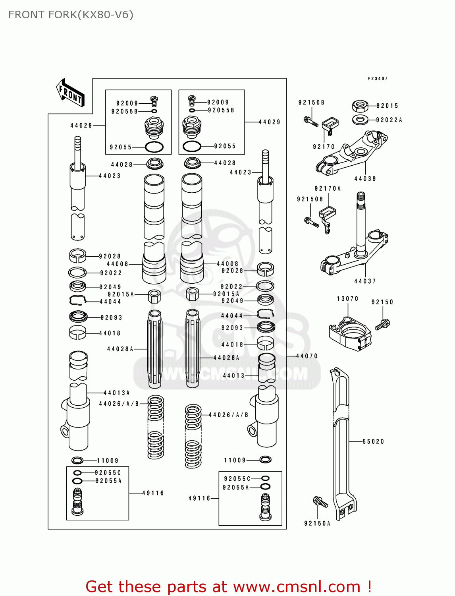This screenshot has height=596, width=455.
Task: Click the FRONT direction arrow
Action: coord(71,93)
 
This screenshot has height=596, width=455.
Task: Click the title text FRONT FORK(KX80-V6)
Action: coord(71,15)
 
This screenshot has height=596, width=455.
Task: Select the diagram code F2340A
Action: coord(377,79)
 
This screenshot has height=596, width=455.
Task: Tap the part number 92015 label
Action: coord(387,106)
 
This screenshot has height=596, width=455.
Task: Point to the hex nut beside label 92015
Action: coord(360,106)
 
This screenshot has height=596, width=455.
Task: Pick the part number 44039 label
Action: coord(365,179)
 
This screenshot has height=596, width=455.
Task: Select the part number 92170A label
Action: coord(328,188)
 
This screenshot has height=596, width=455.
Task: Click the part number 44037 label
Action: coord(365,281)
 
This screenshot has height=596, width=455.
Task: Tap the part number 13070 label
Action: coord(347,298)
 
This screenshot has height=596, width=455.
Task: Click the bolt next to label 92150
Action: coord(383,324)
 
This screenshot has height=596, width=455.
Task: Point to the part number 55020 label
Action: coord(373,441)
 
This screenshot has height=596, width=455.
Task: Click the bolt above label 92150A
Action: coord(320,502)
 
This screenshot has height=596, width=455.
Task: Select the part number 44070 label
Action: coord(307,356)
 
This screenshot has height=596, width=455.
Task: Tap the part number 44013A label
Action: coord(117,393)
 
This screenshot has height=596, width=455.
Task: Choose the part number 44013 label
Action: coord(234,375)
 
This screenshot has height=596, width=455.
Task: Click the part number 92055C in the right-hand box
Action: coord(237,479)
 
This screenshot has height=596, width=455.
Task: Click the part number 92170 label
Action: coord(324,147)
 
